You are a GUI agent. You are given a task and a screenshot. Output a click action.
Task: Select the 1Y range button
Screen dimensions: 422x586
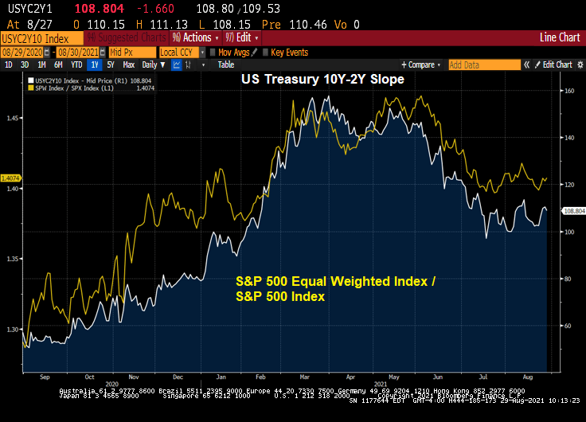coord(95,64)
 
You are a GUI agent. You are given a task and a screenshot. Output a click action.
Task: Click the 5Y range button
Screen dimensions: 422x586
coord(111,64)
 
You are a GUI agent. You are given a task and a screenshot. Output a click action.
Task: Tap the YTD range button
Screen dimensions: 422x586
coord(76,64)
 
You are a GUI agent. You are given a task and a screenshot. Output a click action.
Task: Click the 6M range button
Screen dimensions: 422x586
coord(57,64)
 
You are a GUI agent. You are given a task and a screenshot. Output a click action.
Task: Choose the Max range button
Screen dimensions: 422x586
coord(127,64)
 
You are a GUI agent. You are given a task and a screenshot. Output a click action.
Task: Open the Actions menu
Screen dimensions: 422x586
coord(196,37)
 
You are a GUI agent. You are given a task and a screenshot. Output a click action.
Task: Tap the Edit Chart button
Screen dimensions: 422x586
coord(557,64)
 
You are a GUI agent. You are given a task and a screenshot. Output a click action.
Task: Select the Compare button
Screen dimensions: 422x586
coord(422,64)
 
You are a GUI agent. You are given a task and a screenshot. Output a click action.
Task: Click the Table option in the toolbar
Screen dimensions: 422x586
coord(226,64)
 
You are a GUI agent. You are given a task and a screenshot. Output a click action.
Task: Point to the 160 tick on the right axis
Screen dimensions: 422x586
coord(569,91)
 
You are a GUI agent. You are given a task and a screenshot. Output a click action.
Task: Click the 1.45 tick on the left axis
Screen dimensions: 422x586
coord(12,119)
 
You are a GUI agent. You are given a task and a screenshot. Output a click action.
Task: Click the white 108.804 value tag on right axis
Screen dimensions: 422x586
coord(573,211)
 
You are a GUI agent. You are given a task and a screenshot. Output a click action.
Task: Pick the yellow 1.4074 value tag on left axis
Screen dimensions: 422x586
coord(11,178)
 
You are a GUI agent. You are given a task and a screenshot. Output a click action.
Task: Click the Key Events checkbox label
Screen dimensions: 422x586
coord(289,52)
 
